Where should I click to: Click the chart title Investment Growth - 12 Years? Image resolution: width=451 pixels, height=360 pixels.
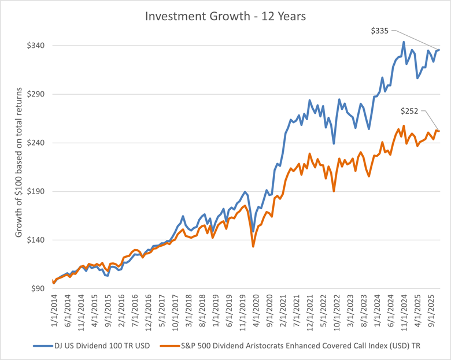226,16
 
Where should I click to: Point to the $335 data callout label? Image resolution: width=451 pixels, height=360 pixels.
380,30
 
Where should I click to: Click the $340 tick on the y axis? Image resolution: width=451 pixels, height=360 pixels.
36,46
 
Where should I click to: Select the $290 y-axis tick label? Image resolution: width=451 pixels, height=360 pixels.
36,94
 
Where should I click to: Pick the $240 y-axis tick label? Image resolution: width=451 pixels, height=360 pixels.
36,143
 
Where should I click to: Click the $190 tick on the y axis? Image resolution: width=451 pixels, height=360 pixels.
36,191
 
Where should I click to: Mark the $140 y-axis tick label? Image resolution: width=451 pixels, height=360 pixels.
36,240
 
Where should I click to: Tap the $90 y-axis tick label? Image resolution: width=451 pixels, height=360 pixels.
38,288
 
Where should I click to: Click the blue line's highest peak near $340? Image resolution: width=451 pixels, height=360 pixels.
403,42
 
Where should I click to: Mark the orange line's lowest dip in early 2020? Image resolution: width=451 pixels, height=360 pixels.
253,247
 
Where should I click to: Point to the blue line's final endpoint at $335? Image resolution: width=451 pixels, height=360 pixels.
439,50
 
